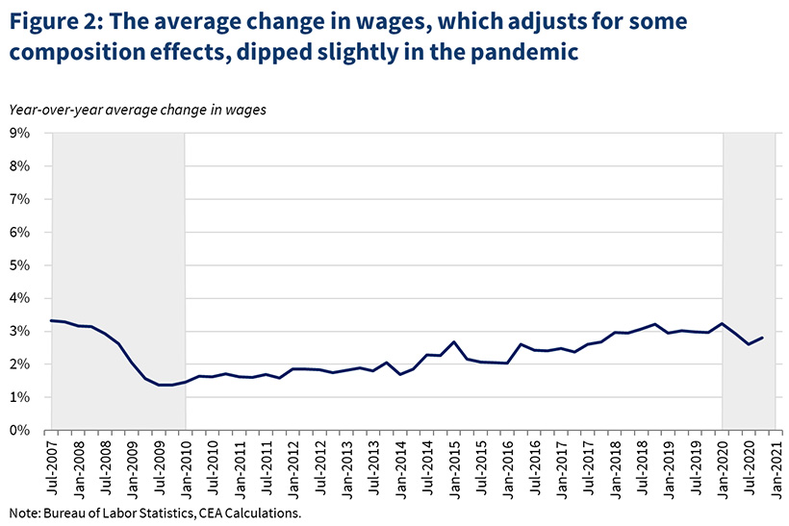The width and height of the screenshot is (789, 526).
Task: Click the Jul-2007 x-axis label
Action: click(52, 466)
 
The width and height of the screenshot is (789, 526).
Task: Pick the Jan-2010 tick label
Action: click(186, 466)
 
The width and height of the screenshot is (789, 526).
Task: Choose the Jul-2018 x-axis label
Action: click(641, 466)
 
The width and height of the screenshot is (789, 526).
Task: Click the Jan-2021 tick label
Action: click(775, 466)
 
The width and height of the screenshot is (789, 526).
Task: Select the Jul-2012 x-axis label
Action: click(319, 466)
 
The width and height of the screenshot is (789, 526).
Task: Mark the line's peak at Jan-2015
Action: click(453, 341)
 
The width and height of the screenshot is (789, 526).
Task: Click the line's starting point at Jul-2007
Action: click(52, 320)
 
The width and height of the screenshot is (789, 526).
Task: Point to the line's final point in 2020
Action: click(763, 338)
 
